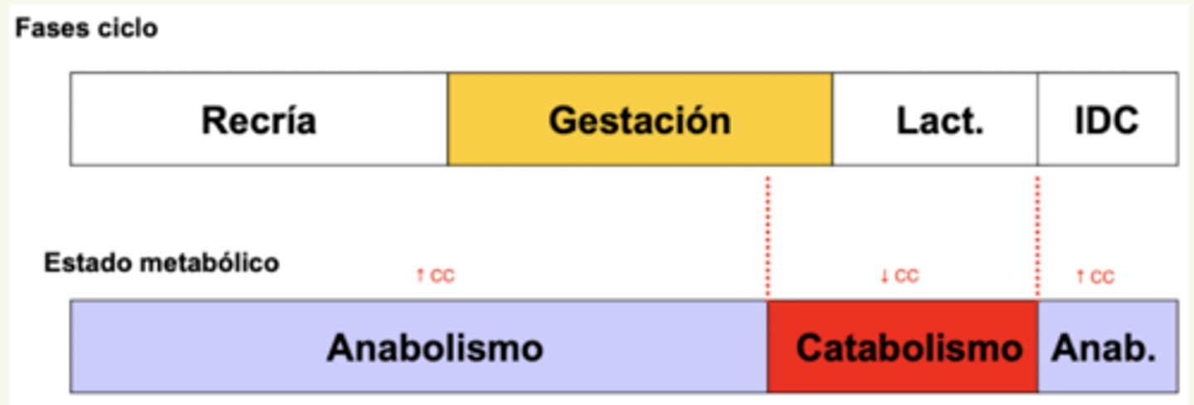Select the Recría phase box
click(x=259, y=120)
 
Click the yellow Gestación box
click(x=639, y=120)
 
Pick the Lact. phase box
click(x=934, y=120)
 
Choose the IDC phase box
click(x=1107, y=120)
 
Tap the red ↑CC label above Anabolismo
click(x=435, y=277)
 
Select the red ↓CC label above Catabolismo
click(x=900, y=277)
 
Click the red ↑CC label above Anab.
click(x=1095, y=277)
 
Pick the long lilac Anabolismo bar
click(x=419, y=347)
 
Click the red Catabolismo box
click(x=902, y=347)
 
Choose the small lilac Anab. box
click(x=1107, y=347)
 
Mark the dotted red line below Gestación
click(x=768, y=236)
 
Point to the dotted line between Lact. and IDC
click(x=1037, y=236)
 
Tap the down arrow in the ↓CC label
click(x=885, y=277)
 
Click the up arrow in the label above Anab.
click(x=1080, y=277)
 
